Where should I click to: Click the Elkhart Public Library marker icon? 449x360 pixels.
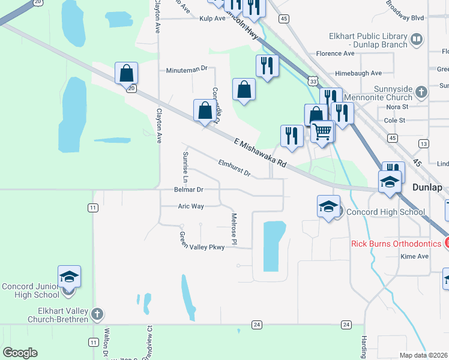click(417, 41)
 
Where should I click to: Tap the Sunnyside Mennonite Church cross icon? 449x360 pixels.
click(421, 92)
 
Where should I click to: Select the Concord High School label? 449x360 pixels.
click(386, 212)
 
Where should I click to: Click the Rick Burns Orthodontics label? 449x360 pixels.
click(396, 243)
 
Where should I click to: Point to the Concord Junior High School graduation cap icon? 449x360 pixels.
click(69, 277)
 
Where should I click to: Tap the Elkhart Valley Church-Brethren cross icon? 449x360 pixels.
click(97, 313)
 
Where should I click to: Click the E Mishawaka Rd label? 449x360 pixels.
click(259, 153)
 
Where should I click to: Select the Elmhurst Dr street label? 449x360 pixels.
click(234, 168)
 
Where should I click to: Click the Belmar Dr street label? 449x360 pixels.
click(189, 190)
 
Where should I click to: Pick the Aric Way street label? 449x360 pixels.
click(191, 206)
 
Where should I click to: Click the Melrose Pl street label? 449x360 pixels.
click(235, 230)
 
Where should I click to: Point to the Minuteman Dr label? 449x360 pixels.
click(187, 70)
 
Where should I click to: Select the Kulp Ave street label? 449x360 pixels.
click(212, 19)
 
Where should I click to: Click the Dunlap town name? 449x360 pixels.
click(427, 187)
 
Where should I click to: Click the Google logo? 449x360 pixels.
click(20, 353)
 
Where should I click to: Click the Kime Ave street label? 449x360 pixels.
click(415, 256)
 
